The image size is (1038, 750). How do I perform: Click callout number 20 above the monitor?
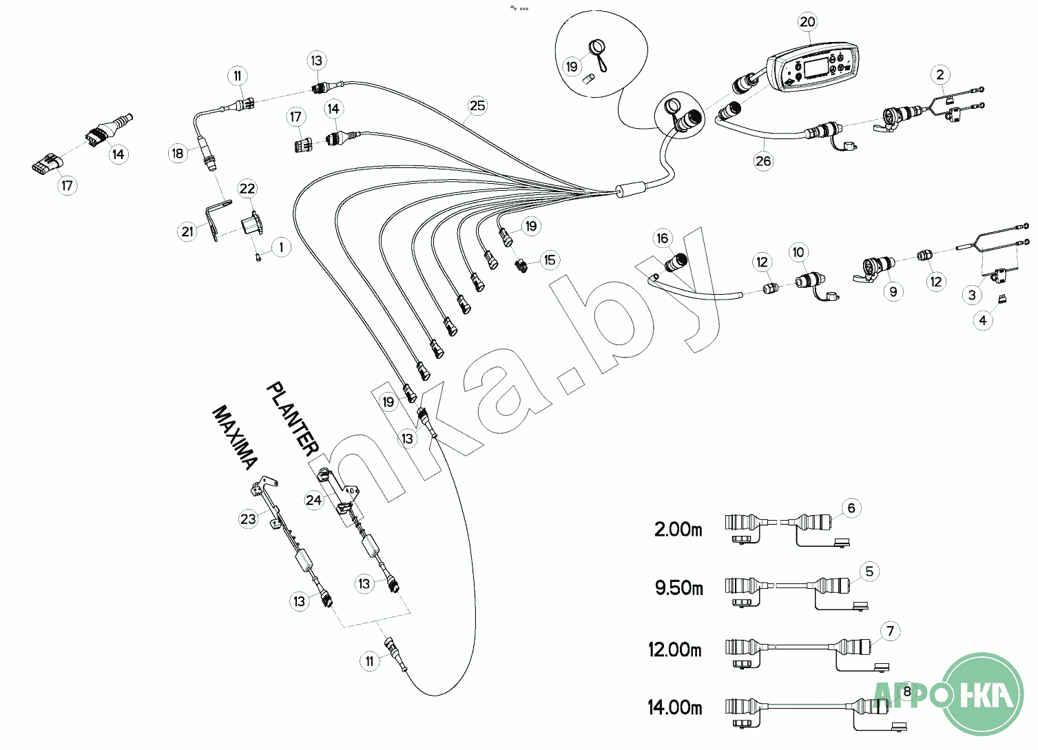[808, 22]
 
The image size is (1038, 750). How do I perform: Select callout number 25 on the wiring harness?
[477, 105]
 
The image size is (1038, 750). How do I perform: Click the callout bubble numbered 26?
[763, 161]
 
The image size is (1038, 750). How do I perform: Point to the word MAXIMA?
[234, 438]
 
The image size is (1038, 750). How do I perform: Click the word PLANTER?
[293, 419]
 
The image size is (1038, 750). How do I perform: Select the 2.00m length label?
[678, 529]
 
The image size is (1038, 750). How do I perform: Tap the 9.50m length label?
[679, 588]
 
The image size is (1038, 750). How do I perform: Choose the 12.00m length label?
[675, 650]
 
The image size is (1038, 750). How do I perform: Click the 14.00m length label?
[675, 707]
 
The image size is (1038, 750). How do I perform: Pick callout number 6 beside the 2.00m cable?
[851, 508]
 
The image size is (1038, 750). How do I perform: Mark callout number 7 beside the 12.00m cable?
[890, 631]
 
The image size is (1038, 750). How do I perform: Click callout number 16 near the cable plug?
[663, 238]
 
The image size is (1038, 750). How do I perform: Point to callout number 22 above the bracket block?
[247, 189]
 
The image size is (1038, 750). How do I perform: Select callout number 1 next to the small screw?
[281, 247]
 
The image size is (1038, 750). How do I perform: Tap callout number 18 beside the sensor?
[178, 154]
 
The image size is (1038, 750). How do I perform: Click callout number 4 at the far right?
[983, 320]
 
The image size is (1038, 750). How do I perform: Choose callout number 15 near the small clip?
[550, 260]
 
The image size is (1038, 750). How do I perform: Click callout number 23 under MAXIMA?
[248, 519]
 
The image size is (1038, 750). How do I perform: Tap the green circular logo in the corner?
[983, 694]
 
